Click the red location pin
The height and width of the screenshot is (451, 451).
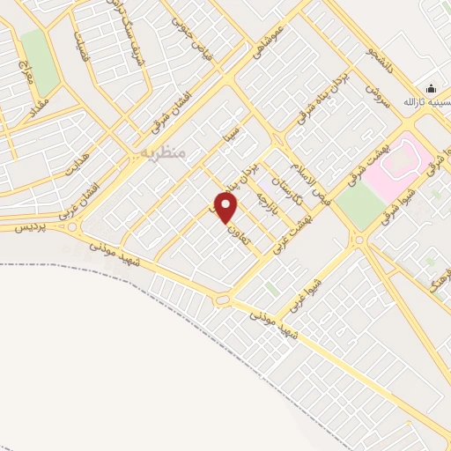[226, 208]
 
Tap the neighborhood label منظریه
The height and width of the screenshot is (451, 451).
[163, 152]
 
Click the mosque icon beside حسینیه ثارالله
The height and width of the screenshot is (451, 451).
[431, 88]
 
